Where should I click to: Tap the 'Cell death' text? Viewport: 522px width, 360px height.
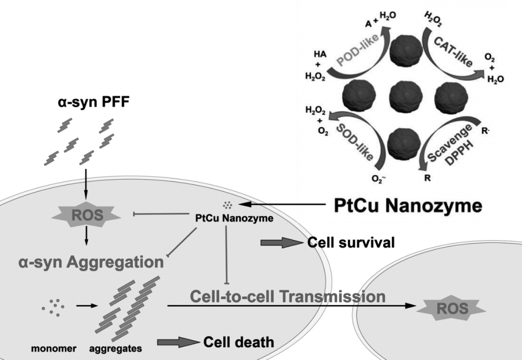(x=238, y=342)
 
